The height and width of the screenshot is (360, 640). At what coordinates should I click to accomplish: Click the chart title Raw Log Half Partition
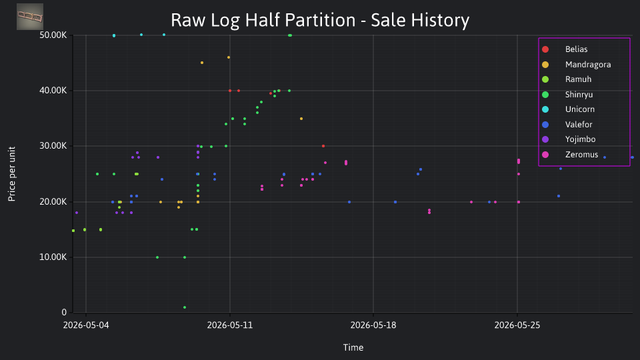(263, 20)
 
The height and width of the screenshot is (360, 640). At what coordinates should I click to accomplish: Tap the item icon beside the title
(30, 17)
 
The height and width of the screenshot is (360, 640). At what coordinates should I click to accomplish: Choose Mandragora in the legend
(576, 65)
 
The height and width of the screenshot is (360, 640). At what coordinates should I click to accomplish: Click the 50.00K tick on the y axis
(53, 35)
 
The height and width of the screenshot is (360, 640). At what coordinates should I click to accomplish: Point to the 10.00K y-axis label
(53, 257)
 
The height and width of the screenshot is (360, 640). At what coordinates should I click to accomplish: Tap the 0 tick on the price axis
(64, 312)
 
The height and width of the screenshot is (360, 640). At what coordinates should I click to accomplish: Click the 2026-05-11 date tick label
(230, 325)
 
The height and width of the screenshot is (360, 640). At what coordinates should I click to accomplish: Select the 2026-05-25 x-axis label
(517, 325)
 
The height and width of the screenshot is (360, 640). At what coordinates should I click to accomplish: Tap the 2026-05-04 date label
(86, 325)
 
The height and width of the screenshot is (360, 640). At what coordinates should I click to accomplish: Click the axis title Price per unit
(12, 174)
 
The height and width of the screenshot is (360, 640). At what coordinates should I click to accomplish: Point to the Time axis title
(353, 347)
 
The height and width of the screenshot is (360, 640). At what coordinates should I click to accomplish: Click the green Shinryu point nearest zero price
(185, 307)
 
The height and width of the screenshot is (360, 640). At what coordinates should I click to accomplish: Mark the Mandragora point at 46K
(229, 57)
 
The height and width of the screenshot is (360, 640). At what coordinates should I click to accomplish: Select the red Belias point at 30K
(323, 146)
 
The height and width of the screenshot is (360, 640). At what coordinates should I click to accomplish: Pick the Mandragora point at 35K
(301, 119)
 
